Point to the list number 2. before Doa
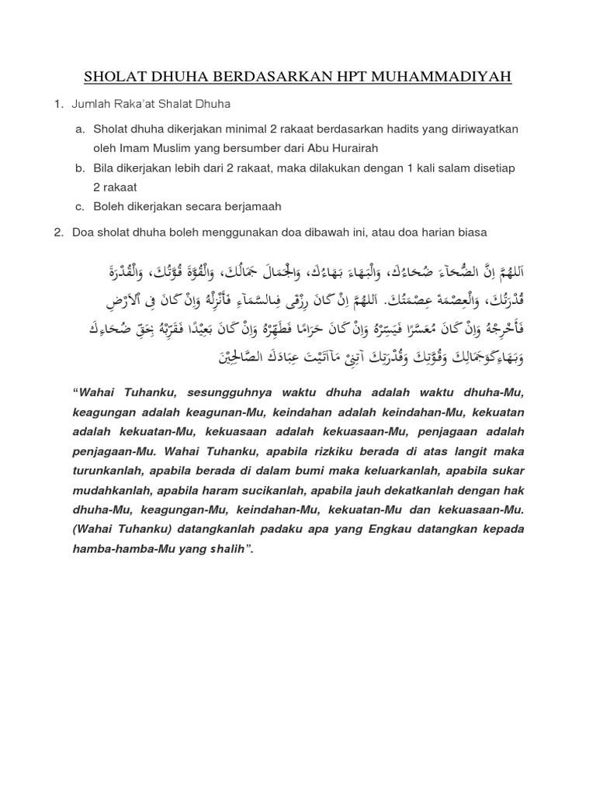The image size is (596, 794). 59,233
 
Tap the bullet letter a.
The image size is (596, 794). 79,129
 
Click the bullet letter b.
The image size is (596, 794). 79,168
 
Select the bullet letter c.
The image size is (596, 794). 79,207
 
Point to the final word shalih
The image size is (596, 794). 227,550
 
